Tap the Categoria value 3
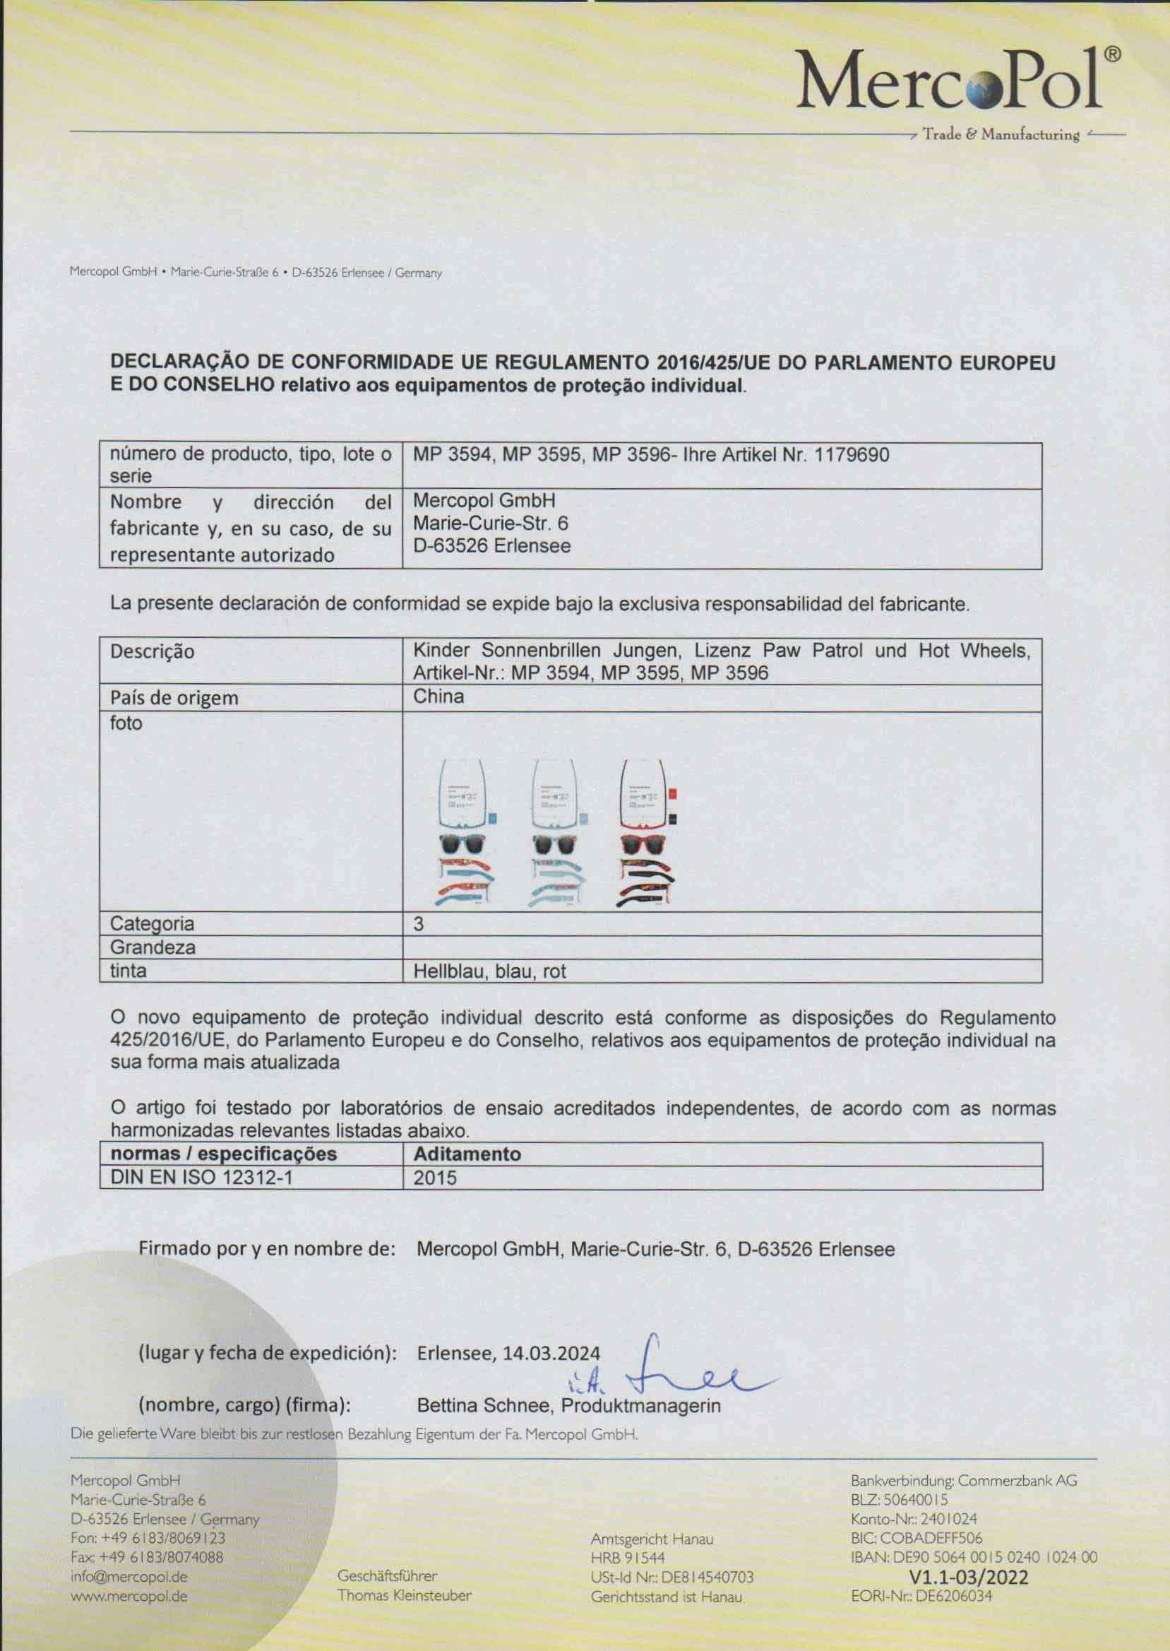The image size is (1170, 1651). click(x=418, y=924)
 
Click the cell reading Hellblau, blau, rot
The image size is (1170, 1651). click(x=489, y=971)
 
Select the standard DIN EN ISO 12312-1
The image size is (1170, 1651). click(x=201, y=1178)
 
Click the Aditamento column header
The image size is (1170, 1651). click(x=467, y=1154)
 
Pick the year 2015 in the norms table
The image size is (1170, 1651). click(x=435, y=1178)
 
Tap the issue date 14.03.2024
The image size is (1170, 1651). click(x=551, y=1353)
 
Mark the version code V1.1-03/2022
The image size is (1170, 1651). click(x=969, y=1577)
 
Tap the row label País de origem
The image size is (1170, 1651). click(x=174, y=697)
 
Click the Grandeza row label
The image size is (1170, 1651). click(x=152, y=947)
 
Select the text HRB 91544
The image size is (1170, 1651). click(x=628, y=1557)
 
